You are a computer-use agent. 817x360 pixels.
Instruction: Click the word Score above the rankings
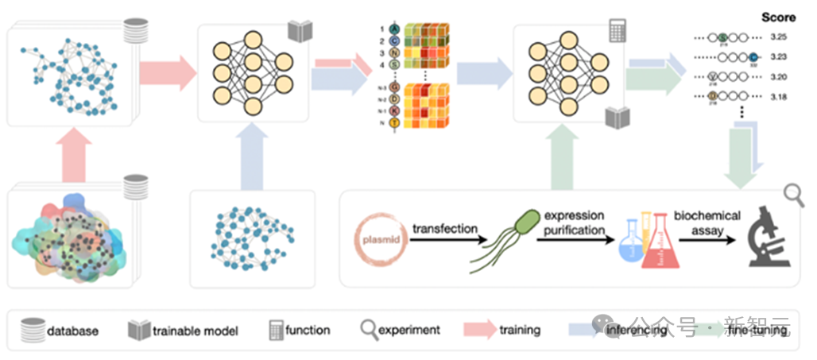click(778, 17)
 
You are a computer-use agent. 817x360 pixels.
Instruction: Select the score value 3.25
click(779, 37)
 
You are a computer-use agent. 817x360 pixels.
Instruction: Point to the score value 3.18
click(779, 97)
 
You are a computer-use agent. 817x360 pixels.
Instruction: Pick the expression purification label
click(574, 223)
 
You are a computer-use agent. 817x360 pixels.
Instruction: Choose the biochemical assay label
click(707, 223)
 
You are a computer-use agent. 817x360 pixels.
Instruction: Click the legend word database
click(73, 330)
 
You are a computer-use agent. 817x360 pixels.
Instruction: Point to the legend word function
click(308, 330)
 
